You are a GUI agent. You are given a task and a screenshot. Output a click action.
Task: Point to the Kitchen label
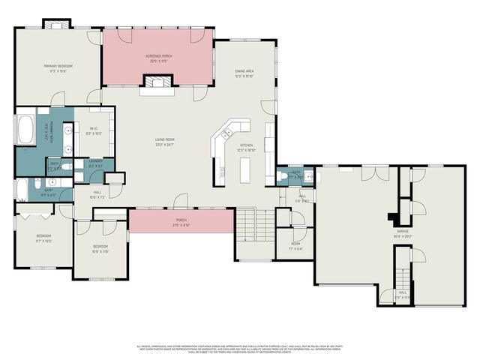point(246,147)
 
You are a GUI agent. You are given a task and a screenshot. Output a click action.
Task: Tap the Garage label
point(403,233)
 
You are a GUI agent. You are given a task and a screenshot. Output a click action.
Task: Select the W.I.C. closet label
point(95,130)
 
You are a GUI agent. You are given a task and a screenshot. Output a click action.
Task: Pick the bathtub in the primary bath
point(25,130)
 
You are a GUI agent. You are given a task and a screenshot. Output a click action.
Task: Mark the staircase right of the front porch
point(255,223)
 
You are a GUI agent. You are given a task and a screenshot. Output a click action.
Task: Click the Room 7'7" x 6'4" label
point(295,246)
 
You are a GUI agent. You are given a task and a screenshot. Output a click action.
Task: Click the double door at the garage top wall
point(370,174)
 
